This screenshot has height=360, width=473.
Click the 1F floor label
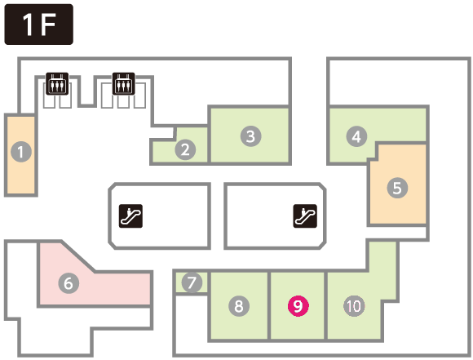click(38, 24)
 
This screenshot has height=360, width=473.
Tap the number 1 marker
click(21, 152)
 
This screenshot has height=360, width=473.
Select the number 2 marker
click(185, 149)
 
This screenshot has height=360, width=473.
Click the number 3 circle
click(250, 136)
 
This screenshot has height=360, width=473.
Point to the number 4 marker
click(356, 136)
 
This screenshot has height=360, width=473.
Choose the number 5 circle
click(397, 188)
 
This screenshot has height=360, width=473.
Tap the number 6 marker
click(69, 283)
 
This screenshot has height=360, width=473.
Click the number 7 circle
click(192, 282)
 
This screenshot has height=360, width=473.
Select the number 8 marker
click(239, 306)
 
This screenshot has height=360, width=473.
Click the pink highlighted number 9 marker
click(298, 306)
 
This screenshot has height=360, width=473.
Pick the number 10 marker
click(354, 306)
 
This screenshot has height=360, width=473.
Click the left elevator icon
click(57, 83)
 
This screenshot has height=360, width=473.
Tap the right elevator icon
click(124, 83)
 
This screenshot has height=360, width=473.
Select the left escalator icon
click(130, 216)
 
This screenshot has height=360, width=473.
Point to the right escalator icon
click(305, 216)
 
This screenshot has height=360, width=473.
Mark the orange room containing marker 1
click(21, 155)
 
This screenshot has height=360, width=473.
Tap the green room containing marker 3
click(250, 136)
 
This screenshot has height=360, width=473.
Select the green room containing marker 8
click(239, 305)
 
